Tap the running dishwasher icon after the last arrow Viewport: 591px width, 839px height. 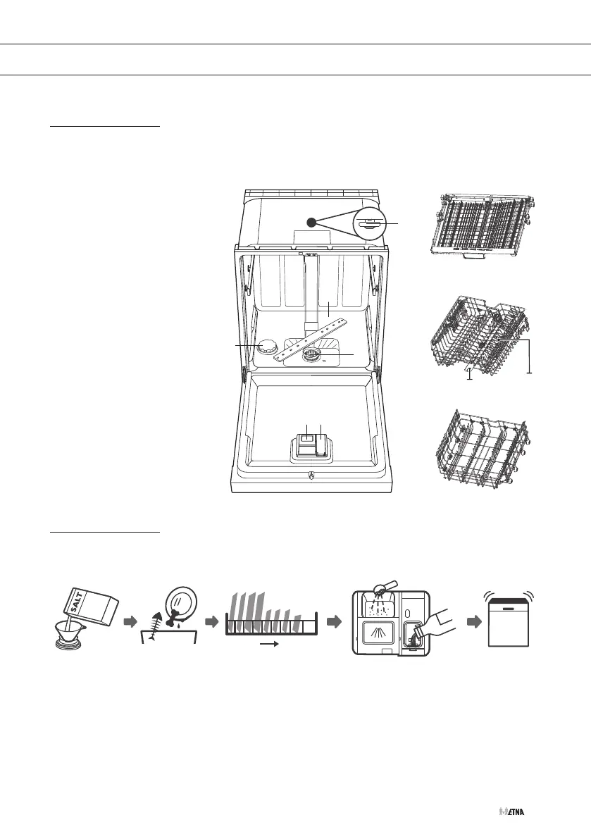512,621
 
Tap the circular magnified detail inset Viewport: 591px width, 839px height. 369,224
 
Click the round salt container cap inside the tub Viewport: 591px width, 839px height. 266,346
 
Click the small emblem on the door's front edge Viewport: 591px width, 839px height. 311,478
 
